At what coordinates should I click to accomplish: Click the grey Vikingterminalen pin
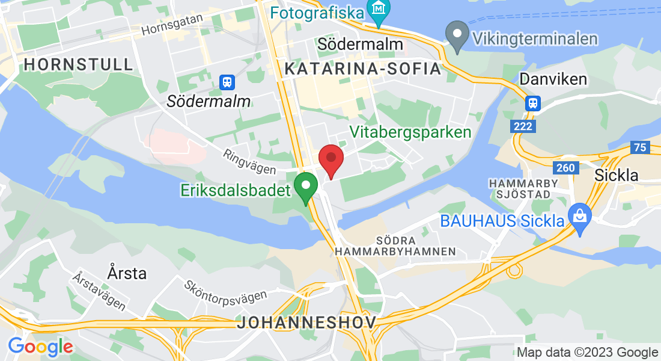[458, 35]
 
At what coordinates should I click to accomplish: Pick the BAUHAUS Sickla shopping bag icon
[580, 214]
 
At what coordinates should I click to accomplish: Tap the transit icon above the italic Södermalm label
[227, 82]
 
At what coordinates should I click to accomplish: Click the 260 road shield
[566, 168]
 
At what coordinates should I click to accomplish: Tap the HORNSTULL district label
[78, 64]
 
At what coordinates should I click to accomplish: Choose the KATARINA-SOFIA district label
[363, 69]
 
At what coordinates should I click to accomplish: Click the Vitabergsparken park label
[410, 132]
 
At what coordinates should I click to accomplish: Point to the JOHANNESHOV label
[306, 322]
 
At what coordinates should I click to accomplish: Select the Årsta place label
[127, 273]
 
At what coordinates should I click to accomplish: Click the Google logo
[40, 347]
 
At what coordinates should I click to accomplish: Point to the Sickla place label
[616, 174]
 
